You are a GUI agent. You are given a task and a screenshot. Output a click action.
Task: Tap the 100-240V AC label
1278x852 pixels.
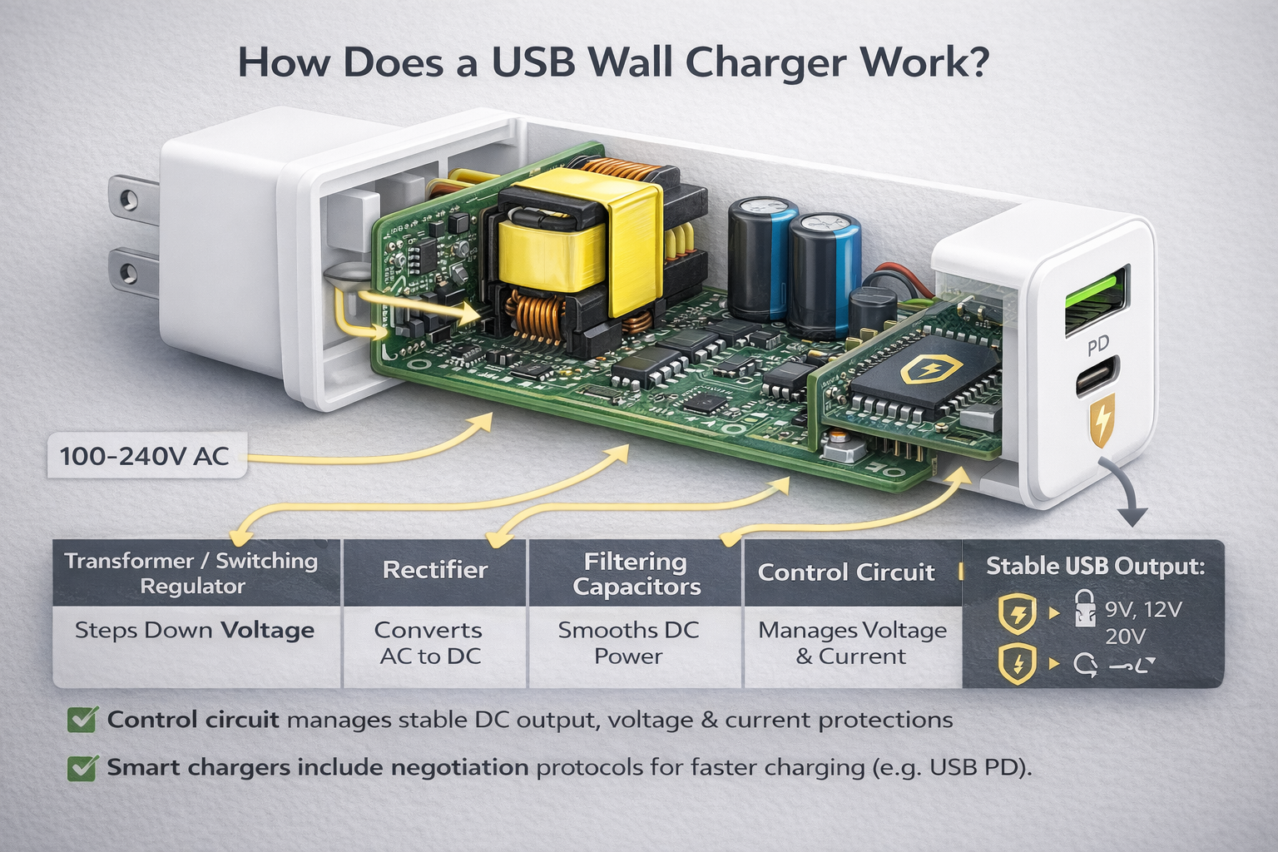[x=145, y=456]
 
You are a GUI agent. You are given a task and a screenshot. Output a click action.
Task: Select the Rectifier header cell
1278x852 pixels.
[x=434, y=571]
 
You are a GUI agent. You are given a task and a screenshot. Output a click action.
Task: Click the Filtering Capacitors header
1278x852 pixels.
[x=637, y=574]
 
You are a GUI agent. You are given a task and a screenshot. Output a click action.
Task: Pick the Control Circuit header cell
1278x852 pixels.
[x=846, y=572]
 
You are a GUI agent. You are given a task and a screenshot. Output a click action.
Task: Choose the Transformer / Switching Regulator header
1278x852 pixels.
[x=192, y=573]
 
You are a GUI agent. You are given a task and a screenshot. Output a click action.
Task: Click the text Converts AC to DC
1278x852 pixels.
[x=429, y=643]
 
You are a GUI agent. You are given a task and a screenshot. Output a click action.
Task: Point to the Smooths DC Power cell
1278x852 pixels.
[x=629, y=643]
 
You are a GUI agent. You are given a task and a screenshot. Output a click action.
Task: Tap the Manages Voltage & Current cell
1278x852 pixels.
[x=852, y=643]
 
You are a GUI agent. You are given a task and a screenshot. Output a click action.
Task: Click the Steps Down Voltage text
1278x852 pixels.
[x=195, y=631]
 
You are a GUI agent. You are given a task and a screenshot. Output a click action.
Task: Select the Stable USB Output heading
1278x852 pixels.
[x=1095, y=567]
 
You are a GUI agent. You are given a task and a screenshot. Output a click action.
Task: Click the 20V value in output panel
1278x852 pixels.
[x=1125, y=637]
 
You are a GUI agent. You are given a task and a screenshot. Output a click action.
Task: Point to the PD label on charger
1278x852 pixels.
[x=1098, y=342]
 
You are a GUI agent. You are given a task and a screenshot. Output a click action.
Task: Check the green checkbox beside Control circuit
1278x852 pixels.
[x=81, y=720]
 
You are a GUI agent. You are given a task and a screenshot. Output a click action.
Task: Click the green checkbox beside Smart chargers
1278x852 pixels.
[x=81, y=767]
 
